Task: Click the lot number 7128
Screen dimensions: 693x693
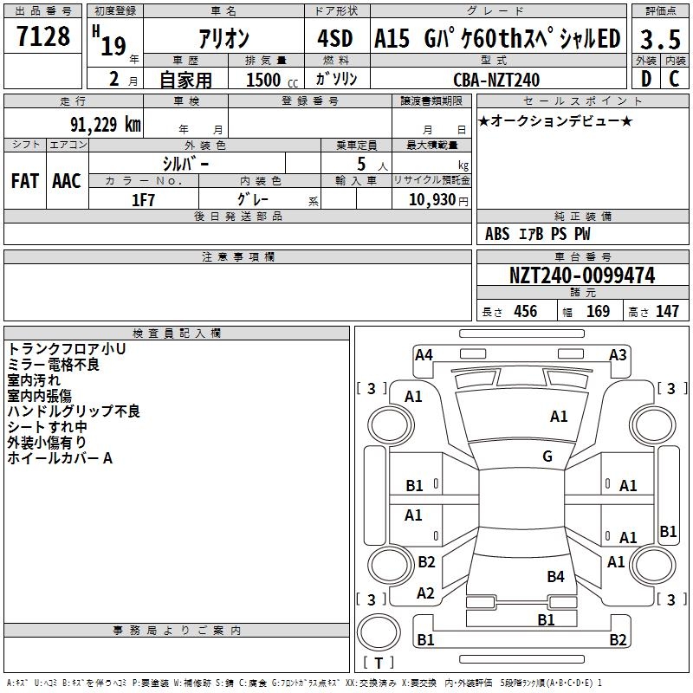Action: (43, 37)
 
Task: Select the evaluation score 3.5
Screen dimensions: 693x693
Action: (659, 39)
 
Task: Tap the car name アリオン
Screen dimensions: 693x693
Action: (223, 39)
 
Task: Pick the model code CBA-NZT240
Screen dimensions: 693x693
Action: (496, 80)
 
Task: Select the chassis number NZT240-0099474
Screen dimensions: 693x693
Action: (582, 275)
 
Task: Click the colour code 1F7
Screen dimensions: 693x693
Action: (143, 199)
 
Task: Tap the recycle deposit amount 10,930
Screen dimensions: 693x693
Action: (431, 199)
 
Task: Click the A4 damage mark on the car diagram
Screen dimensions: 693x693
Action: (424, 354)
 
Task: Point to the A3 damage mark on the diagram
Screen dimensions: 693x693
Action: (618, 354)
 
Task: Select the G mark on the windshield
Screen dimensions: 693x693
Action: (547, 456)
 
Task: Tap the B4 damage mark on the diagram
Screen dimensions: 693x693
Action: (555, 576)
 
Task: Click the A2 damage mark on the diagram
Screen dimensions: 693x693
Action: (425, 593)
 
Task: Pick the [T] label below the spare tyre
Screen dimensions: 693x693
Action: (379, 663)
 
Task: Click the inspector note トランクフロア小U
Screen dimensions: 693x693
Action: (67, 349)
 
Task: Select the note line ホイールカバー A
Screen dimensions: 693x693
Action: (60, 458)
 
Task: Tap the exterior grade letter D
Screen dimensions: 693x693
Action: (646, 80)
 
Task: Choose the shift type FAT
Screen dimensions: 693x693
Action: (25, 181)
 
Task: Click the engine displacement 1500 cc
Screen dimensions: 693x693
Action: (271, 80)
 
